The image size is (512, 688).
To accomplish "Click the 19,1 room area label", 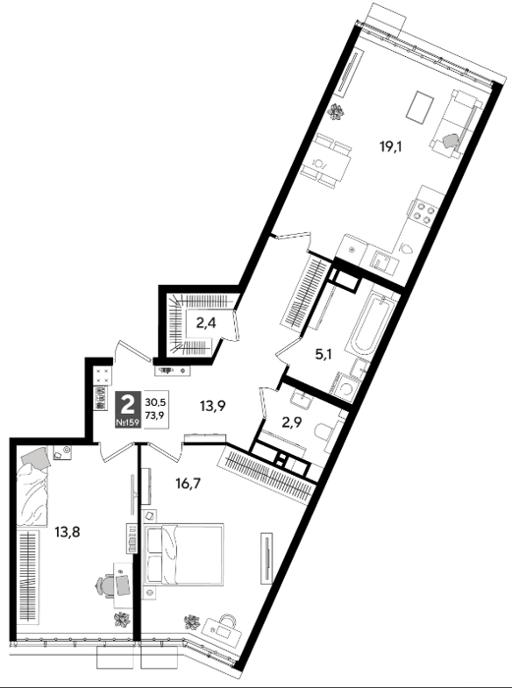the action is coord(391,147).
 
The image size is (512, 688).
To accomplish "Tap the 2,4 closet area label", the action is coord(206,323).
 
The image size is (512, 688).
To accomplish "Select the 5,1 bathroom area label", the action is coord(324,355).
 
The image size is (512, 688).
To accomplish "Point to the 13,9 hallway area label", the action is coord(213,406).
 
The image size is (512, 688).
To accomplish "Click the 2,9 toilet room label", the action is coord(291,425).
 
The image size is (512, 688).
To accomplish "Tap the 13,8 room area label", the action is coord(67,533).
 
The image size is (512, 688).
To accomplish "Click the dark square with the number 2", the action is coord(128,410).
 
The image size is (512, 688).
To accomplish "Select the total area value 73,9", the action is coord(154,415).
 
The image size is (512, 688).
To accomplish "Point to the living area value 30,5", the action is coord(154,401).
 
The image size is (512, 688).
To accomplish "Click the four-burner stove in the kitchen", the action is coord(422,212).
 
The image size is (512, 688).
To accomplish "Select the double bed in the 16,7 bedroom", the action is coord(184,553).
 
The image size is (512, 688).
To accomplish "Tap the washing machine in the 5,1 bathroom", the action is coord(346,387).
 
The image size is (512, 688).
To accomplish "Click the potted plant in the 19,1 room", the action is coord(336,111).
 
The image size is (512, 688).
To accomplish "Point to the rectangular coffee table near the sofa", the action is coord(420,106).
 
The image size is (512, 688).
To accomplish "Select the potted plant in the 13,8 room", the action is coord(123,620).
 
